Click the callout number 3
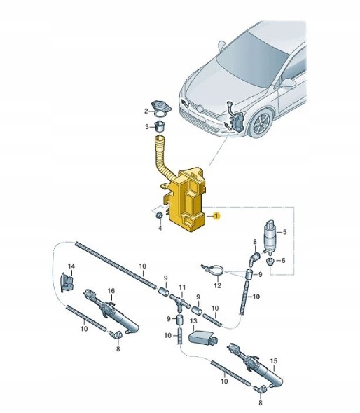pyautogui.click(x=146, y=127)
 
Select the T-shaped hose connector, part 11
pyautogui.click(x=181, y=302)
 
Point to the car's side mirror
pyautogui.click(x=289, y=83)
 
